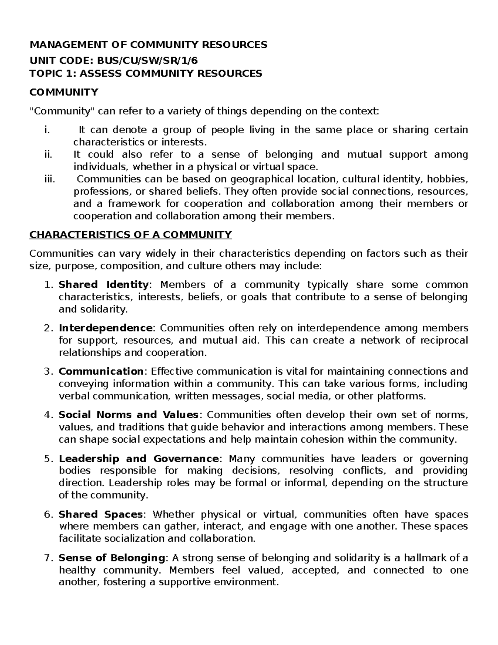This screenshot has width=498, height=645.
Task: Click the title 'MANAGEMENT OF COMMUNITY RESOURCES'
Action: click(x=148, y=45)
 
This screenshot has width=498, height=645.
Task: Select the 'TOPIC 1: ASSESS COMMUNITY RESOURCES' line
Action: click(x=146, y=74)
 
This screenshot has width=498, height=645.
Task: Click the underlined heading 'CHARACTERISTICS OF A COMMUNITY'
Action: click(x=130, y=235)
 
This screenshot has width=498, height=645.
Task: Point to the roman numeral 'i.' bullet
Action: click(x=46, y=130)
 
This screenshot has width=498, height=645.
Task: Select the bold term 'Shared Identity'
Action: click(x=103, y=285)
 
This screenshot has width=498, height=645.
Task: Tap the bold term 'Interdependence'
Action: click(x=105, y=328)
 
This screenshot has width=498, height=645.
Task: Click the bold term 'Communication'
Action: click(x=101, y=371)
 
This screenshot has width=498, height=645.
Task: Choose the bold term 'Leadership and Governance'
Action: click(x=139, y=459)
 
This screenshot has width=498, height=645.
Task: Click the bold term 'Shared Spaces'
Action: click(x=101, y=515)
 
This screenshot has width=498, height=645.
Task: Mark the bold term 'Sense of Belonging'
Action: click(x=112, y=558)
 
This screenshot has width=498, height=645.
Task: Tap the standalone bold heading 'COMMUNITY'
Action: click(x=63, y=92)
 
